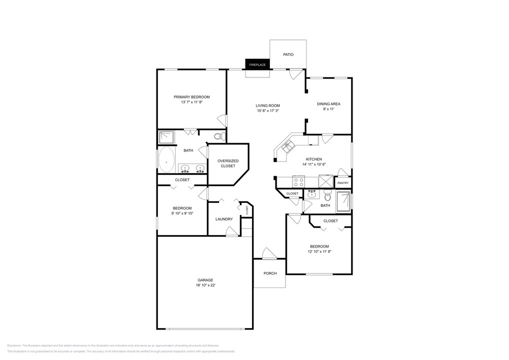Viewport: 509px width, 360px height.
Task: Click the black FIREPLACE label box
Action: click(257, 64)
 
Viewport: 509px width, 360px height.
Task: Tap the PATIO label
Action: click(288, 54)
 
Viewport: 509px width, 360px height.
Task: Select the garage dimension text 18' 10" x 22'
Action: click(205, 285)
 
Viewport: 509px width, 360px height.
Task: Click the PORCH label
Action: click(270, 273)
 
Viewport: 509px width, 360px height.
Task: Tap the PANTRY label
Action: click(342, 183)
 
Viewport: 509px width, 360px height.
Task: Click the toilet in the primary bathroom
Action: click(218, 136)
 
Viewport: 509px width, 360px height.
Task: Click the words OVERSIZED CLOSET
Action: click(228, 163)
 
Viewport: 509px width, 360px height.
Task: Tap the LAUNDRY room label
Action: click(224, 219)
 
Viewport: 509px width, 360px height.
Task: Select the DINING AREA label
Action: click(328, 104)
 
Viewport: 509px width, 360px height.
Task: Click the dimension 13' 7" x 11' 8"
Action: click(191, 102)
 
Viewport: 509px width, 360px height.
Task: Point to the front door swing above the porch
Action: click(268, 253)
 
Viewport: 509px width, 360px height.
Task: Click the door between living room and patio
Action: click(296, 73)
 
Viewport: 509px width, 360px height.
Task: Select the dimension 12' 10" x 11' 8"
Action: click(319, 251)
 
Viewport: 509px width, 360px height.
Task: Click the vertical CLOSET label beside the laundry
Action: click(246, 210)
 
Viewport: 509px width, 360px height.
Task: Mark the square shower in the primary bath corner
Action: click(165, 137)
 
